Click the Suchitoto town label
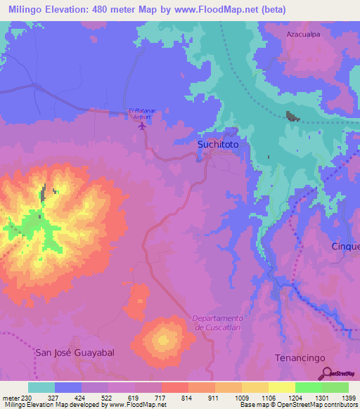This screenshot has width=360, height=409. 218,144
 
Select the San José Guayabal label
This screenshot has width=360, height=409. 75,351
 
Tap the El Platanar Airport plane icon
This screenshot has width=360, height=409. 143,127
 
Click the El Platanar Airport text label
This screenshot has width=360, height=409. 141,113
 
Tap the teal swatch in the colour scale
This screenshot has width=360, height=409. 41,387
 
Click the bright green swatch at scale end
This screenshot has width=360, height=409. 335,387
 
